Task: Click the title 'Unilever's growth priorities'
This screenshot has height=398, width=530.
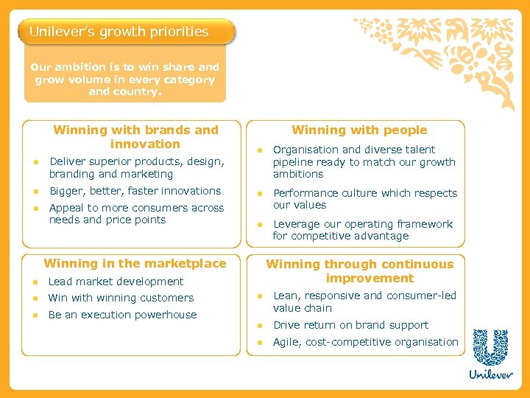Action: [x=119, y=32]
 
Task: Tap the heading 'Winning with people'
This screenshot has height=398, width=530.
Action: [x=359, y=130]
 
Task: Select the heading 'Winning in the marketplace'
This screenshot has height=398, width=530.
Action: [x=135, y=263]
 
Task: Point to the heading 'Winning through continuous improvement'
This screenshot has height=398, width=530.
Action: [x=359, y=270]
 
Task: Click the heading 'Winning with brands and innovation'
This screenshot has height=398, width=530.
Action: [x=136, y=136]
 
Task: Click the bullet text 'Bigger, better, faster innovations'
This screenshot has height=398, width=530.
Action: [x=135, y=191]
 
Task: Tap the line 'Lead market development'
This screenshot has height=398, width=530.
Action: [x=116, y=281]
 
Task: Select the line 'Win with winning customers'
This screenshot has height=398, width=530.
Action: [x=121, y=298]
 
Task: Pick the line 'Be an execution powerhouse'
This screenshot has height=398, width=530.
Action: [x=122, y=315]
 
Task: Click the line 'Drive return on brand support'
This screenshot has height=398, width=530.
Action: [x=350, y=325]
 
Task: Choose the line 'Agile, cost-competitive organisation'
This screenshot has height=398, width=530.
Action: [x=365, y=342]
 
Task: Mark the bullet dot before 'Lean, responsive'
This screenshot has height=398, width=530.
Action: [x=259, y=296]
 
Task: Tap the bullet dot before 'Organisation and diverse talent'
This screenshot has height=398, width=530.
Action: [x=259, y=150]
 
